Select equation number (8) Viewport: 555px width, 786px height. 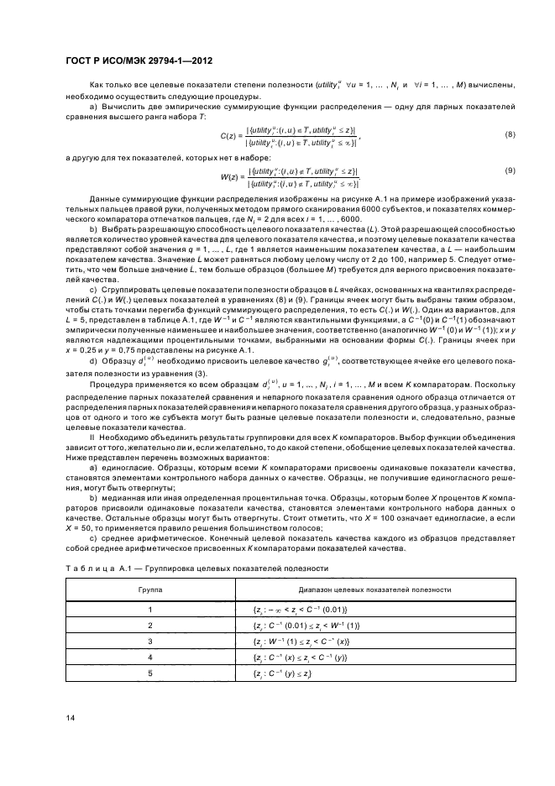tap(509, 134)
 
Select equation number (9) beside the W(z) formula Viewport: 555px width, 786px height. tap(509, 171)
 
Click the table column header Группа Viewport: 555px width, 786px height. tap(150, 590)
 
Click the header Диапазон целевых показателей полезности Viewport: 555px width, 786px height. tap(345, 590)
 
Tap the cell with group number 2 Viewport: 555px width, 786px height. tap(150, 626)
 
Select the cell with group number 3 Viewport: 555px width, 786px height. tap(150, 642)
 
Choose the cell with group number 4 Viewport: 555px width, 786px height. tap(150, 658)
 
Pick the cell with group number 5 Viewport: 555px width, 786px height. tap(150, 673)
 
